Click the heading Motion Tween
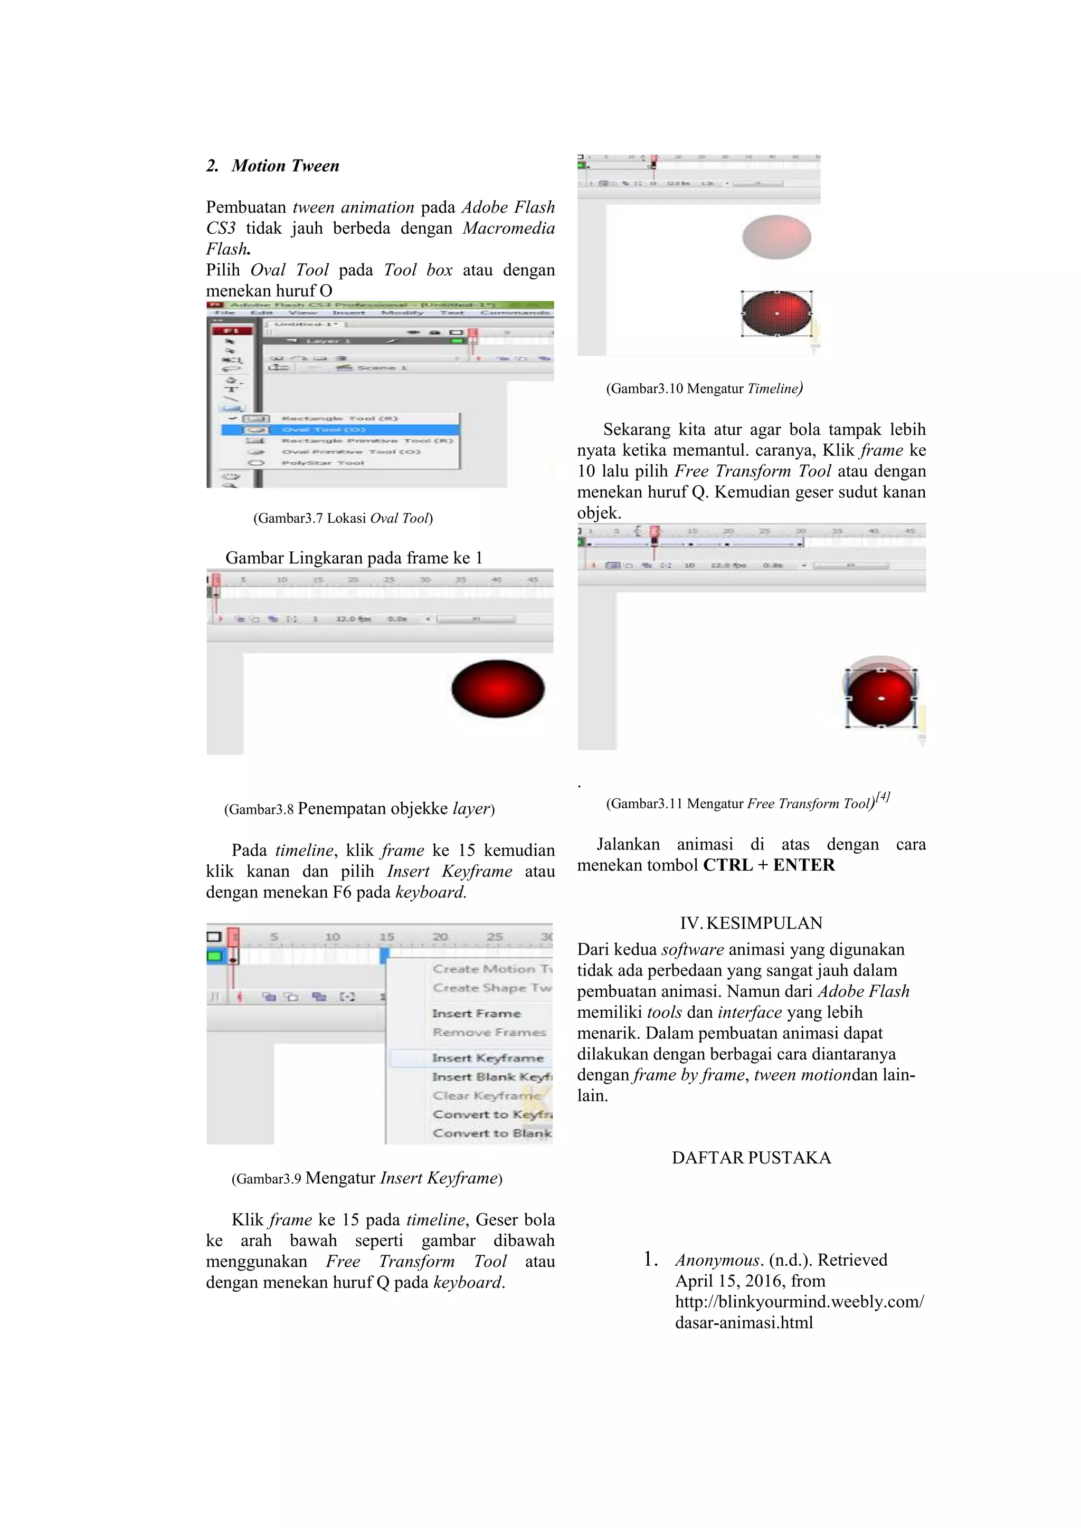click(285, 166)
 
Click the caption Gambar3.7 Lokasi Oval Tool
click(343, 519)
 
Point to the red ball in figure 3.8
click(498, 689)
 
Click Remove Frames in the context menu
click(489, 1032)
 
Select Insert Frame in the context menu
click(476, 1013)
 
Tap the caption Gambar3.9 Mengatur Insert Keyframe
click(367, 1178)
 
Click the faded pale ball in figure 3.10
click(776, 237)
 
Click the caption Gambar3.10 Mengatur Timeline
click(704, 389)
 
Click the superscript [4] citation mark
click(883, 797)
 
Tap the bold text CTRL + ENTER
click(769, 865)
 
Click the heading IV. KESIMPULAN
click(751, 923)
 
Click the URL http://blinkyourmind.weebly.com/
click(799, 1302)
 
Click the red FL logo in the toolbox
click(232, 331)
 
